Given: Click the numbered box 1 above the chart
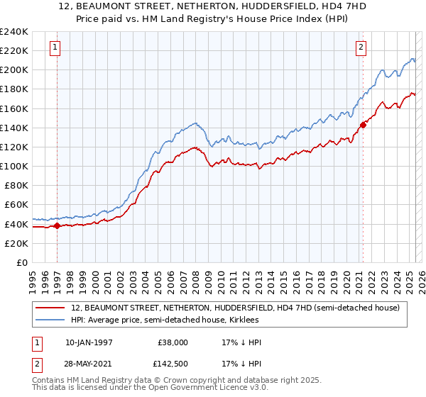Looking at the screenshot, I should [55, 47].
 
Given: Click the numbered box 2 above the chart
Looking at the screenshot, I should [361, 47].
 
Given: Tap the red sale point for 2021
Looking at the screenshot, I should [363, 125].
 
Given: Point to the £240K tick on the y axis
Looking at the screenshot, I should [14, 32].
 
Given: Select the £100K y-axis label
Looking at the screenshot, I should [14, 166].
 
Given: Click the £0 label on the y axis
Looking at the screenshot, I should [21, 262].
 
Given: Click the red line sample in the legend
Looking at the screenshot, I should [51, 308].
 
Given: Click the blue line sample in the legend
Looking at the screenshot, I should [51, 320].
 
